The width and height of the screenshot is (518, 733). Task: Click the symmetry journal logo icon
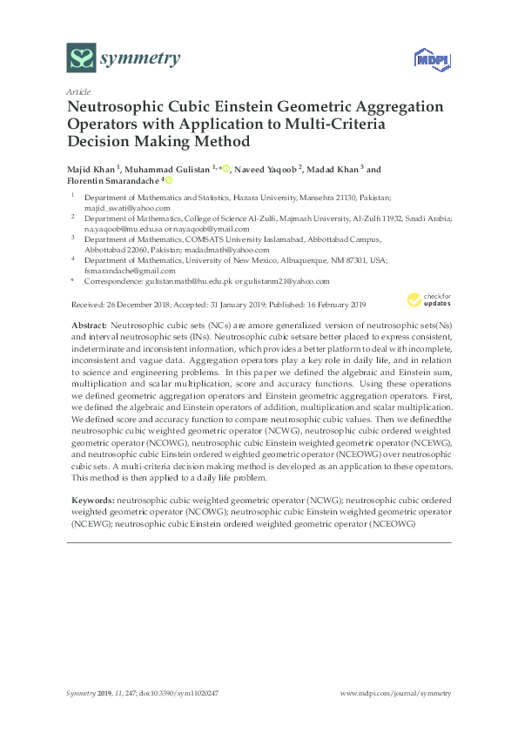tap(81, 58)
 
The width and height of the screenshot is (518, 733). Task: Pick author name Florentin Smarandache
tap(112, 181)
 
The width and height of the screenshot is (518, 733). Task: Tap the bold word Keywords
tap(91, 502)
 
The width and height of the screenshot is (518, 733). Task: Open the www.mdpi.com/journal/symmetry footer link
tap(396, 693)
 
